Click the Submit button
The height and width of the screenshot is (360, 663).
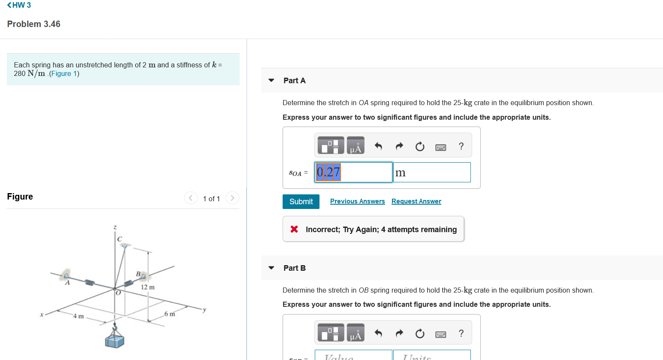tap(301, 202)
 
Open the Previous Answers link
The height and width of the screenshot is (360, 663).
tap(357, 201)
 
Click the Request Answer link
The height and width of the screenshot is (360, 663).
tap(416, 201)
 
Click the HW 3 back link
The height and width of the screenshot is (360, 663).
tap(19, 5)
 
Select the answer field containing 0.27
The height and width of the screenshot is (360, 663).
tap(353, 172)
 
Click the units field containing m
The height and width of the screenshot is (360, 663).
tap(431, 172)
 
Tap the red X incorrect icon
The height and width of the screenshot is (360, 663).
tap(294, 229)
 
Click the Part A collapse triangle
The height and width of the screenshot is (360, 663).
tap(271, 80)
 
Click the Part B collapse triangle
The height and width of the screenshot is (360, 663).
tap(271, 268)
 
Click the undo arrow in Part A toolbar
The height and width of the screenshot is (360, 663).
tap(378, 146)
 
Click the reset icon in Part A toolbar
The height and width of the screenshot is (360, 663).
tap(420, 147)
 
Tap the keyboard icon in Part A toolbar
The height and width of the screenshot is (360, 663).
tap(440, 147)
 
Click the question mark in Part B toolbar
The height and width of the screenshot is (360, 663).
tap(461, 333)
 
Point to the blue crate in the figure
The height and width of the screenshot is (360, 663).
tap(115, 341)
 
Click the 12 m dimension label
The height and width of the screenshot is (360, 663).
tap(148, 287)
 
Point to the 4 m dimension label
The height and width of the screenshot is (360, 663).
tap(78, 316)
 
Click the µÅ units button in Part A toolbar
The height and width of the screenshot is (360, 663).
tap(356, 146)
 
